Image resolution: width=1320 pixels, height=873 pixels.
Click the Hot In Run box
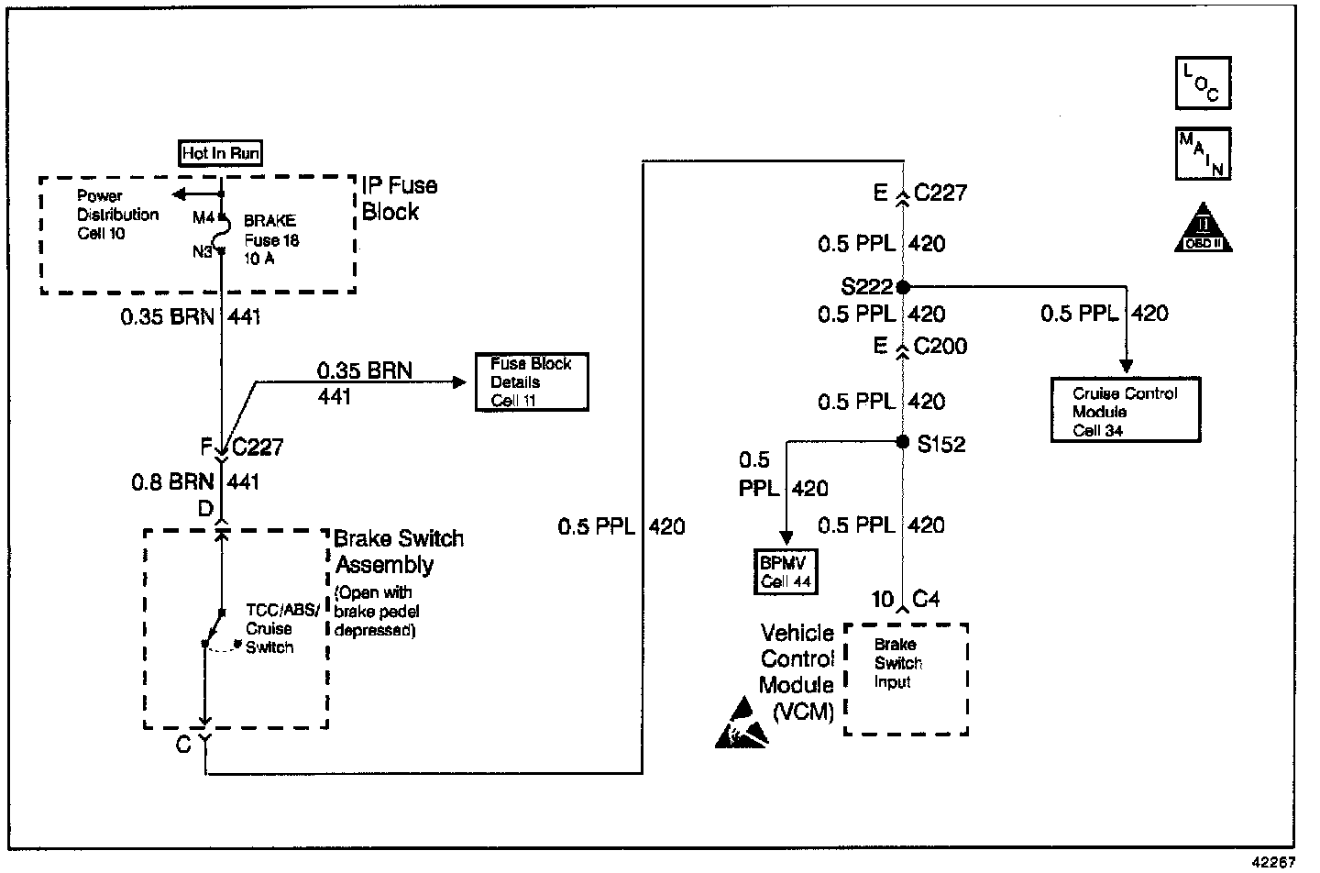[x=220, y=153]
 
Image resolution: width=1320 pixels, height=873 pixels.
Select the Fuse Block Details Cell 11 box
[x=532, y=381]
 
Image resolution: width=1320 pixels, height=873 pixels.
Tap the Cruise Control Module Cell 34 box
[x=1125, y=411]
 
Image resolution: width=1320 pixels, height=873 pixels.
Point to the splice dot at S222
[x=903, y=287]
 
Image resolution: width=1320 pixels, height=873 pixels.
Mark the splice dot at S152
[x=902, y=443]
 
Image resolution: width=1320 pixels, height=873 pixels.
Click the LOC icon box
[x=1203, y=83]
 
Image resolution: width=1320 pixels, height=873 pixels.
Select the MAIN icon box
[x=1203, y=153]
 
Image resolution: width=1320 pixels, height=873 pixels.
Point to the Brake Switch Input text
[x=897, y=663]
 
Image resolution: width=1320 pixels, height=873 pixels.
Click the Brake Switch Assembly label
[x=398, y=551]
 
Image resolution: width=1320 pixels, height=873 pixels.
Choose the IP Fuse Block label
[x=399, y=198]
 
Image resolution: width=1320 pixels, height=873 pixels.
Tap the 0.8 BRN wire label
[x=172, y=481]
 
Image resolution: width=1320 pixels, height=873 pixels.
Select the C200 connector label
[x=940, y=347]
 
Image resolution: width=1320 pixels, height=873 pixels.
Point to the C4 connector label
[x=926, y=600]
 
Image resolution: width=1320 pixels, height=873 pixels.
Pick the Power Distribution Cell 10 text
[x=116, y=215]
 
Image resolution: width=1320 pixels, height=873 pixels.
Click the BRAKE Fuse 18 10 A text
[x=270, y=239]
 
